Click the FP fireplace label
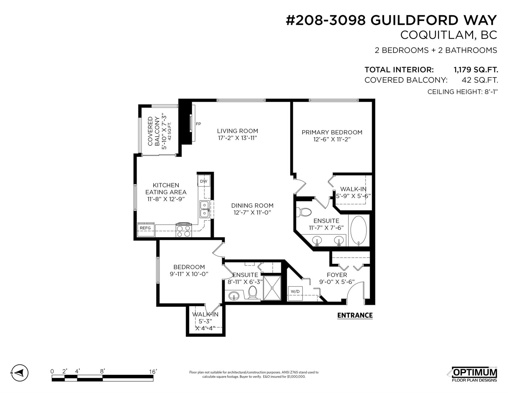click(198, 124)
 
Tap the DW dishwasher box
click(204, 181)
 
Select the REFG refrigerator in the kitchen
click(145, 229)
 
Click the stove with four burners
click(184, 230)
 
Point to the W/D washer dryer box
click(295, 293)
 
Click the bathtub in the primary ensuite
click(359, 231)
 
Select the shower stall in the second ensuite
click(272, 288)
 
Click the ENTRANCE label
click(355, 315)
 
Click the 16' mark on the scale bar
click(153, 372)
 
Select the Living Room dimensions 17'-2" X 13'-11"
click(238, 138)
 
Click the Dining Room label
click(252, 206)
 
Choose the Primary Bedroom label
click(332, 132)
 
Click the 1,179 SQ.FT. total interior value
click(476, 70)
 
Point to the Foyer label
click(337, 275)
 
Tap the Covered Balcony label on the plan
click(153, 131)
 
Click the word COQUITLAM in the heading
click(434, 35)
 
